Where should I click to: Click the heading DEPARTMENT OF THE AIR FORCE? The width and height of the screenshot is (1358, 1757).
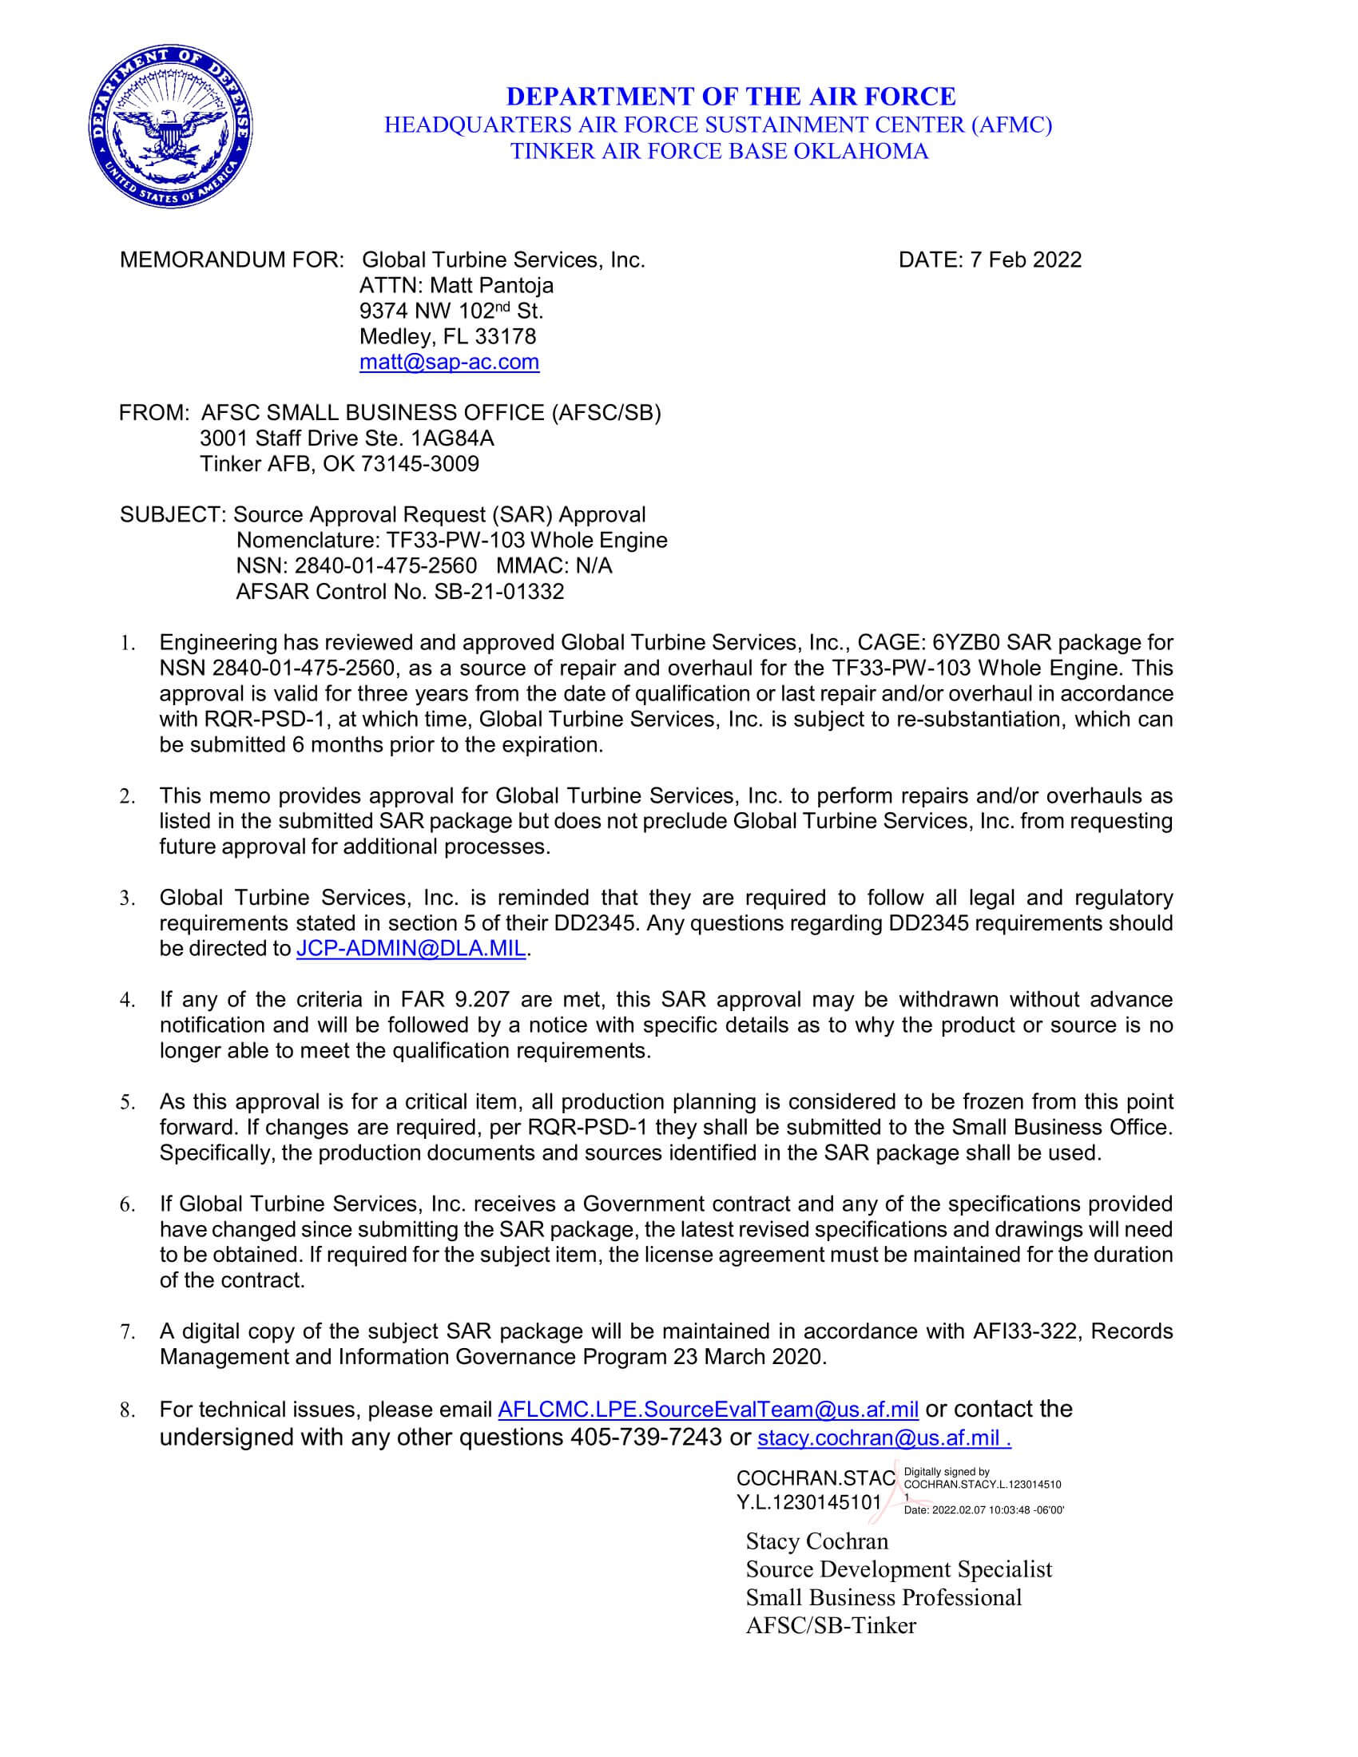(730, 97)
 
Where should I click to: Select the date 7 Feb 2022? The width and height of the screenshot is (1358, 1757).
(1026, 260)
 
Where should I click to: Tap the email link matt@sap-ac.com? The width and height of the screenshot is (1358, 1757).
(449, 362)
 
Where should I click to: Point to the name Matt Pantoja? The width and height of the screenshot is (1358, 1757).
(491, 286)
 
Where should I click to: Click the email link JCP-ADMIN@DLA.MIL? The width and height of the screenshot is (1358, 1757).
(411, 949)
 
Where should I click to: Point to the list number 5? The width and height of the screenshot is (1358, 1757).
(127, 1103)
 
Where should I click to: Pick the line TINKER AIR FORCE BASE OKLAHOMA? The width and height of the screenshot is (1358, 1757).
(719, 151)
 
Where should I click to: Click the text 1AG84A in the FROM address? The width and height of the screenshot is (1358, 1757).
(453, 438)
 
